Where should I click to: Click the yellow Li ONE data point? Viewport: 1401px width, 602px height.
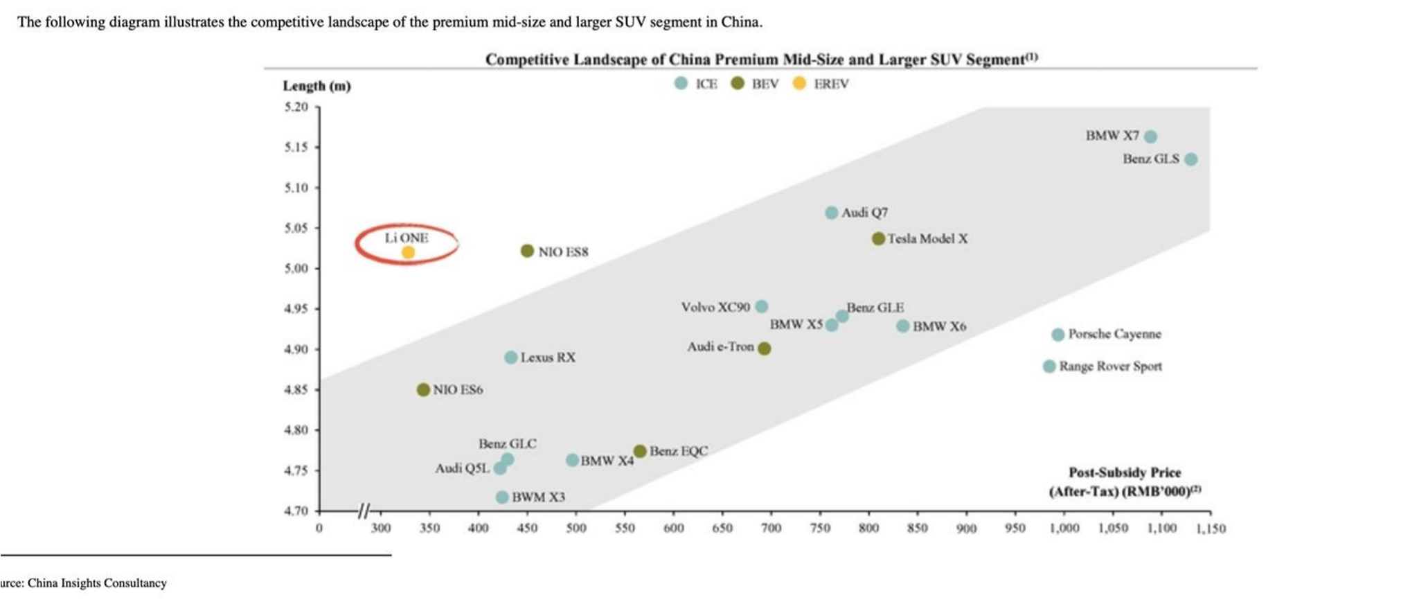(x=408, y=252)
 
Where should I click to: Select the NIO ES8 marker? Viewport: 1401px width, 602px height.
(x=527, y=251)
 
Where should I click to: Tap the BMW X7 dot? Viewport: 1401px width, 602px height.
(x=1150, y=136)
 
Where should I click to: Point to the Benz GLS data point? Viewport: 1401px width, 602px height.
(x=1190, y=159)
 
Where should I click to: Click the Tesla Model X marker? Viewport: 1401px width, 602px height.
(x=878, y=238)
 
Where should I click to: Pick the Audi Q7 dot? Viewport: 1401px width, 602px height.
(x=831, y=213)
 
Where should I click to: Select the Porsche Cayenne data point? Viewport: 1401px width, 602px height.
(x=1058, y=335)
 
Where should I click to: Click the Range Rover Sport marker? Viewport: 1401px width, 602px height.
(x=1049, y=366)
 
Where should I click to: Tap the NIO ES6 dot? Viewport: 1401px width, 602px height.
(x=423, y=389)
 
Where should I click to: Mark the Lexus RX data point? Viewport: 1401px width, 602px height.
(x=510, y=357)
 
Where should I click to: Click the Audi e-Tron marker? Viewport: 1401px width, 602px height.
(x=764, y=348)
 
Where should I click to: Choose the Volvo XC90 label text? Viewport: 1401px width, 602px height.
(x=715, y=307)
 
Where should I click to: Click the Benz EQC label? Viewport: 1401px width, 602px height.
(x=679, y=451)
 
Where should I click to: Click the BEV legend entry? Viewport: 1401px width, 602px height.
(x=755, y=84)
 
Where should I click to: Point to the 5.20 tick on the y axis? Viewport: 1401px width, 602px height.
(x=296, y=107)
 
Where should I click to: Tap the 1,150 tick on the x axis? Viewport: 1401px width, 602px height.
(x=1211, y=529)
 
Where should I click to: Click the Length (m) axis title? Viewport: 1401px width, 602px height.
(x=316, y=86)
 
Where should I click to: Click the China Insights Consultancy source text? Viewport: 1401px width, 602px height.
(x=97, y=583)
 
